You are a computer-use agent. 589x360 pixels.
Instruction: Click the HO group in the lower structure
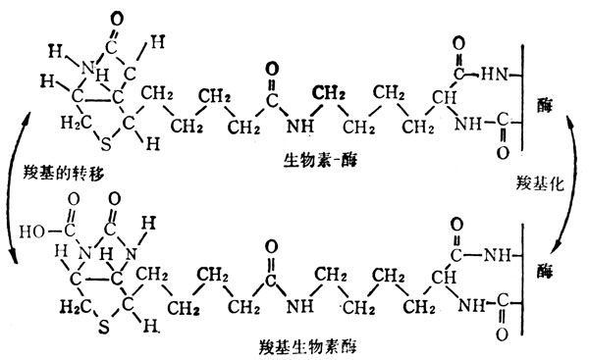pos(35,233)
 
